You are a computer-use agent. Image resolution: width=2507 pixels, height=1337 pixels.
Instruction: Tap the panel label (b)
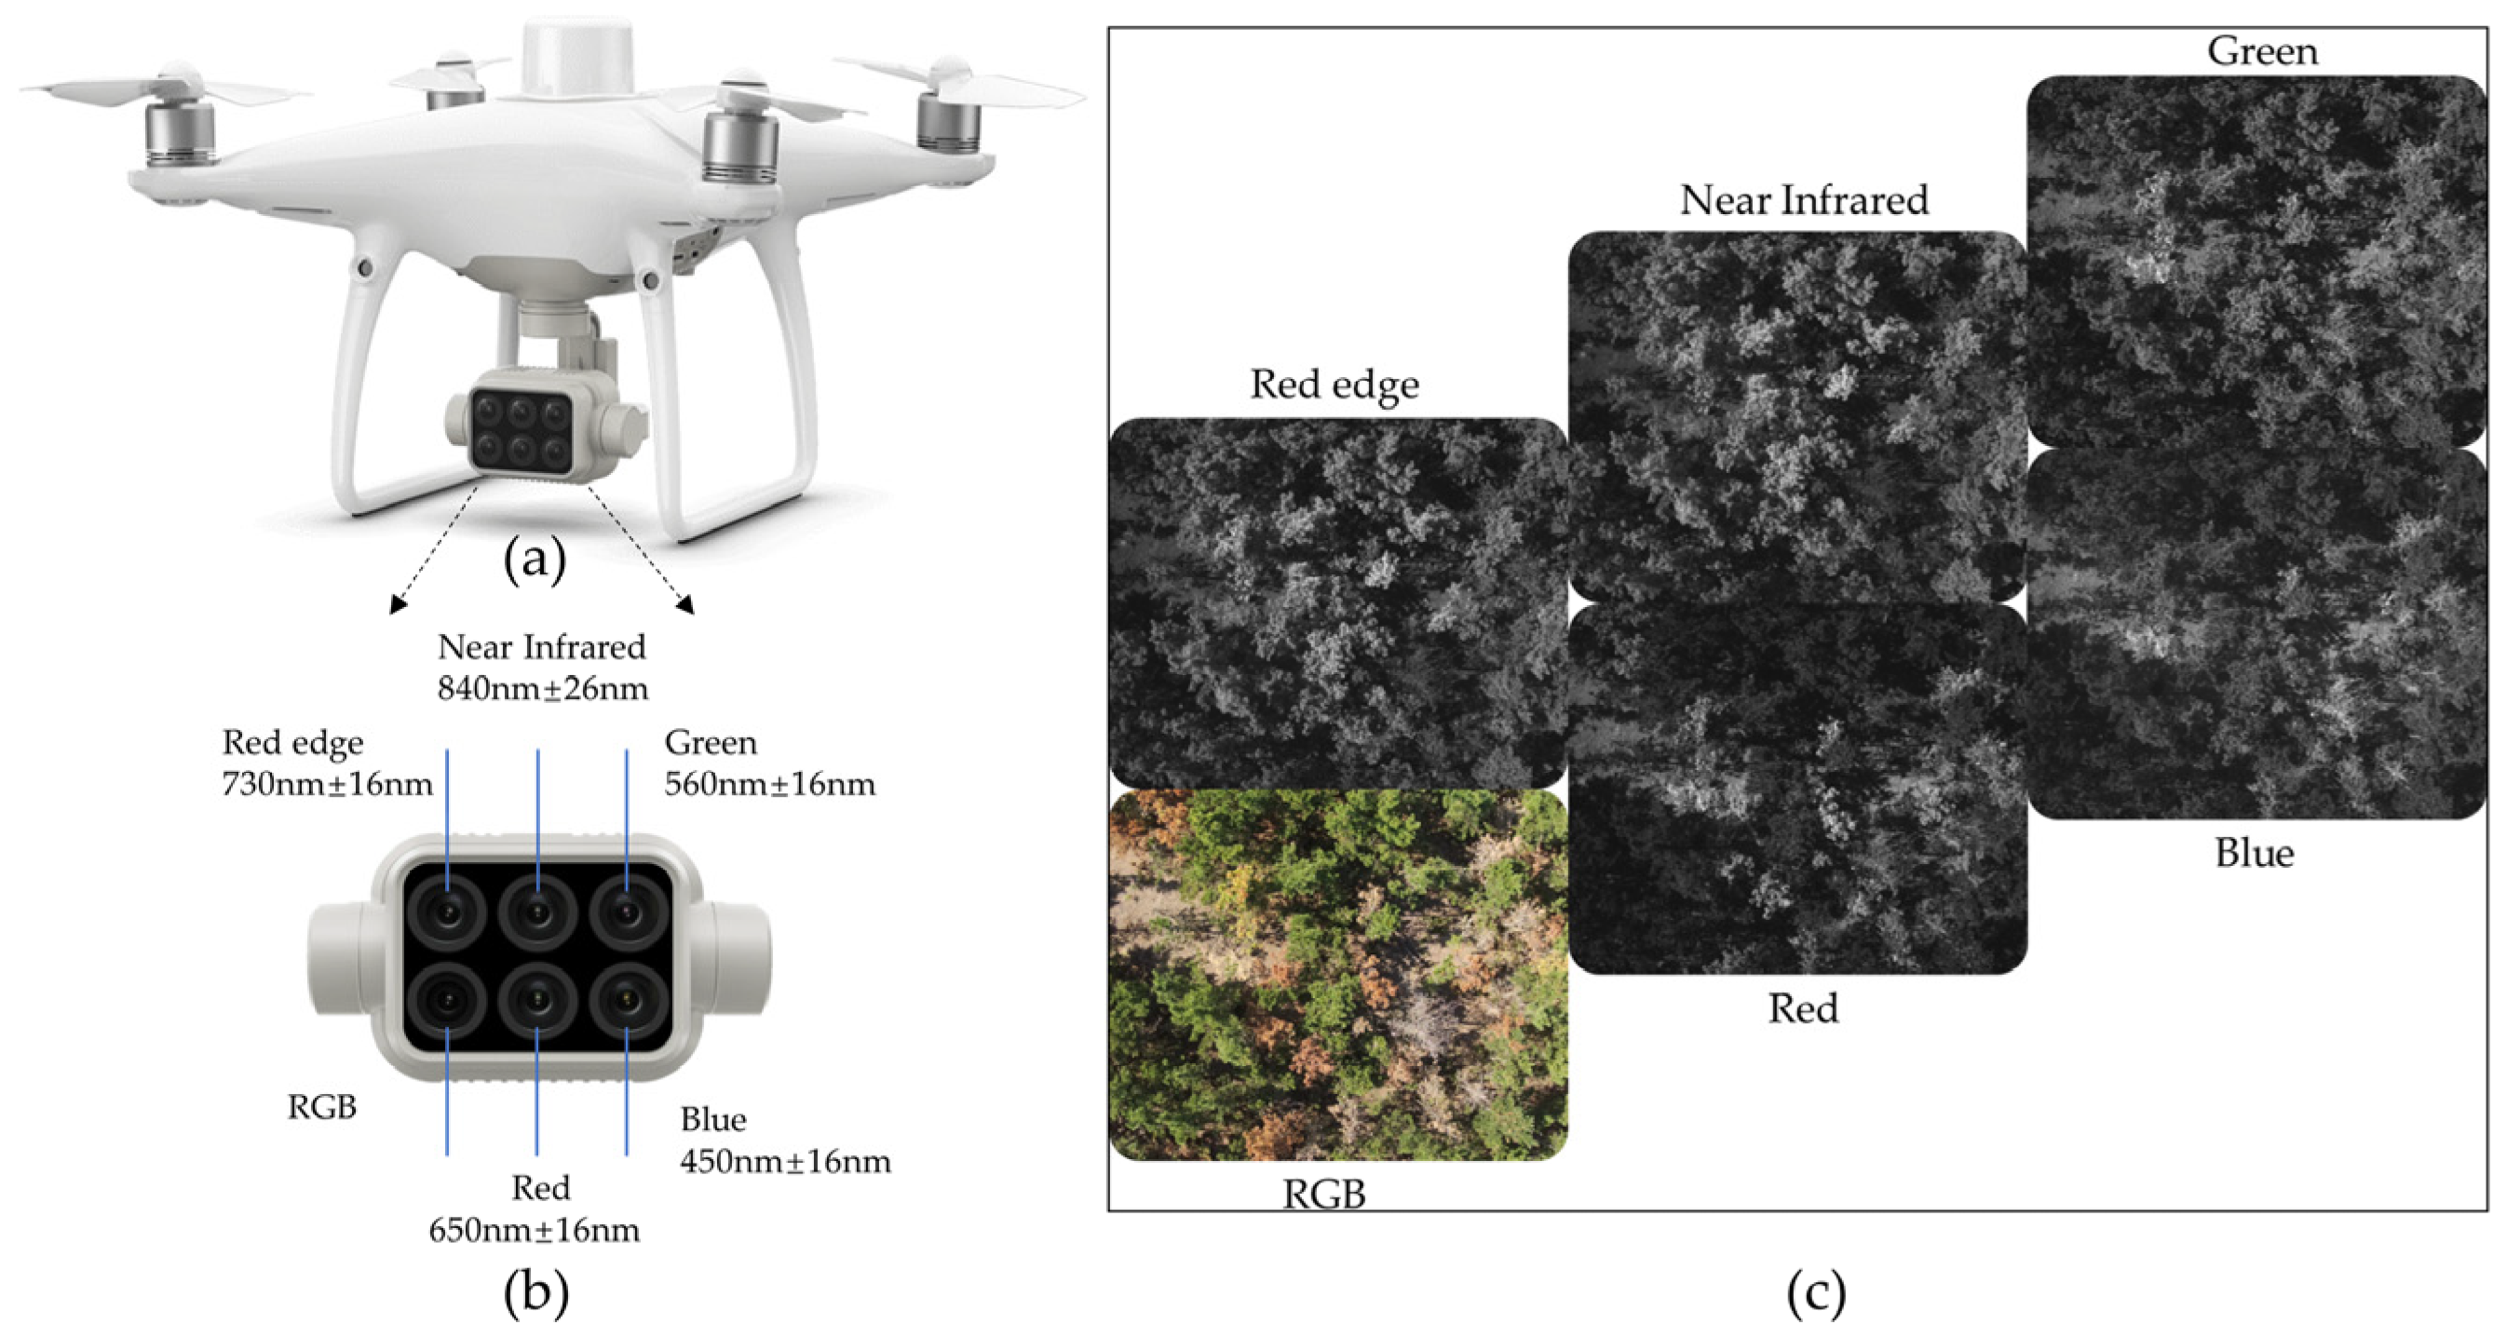(535, 1292)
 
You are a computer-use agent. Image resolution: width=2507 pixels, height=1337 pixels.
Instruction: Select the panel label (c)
(1816, 1292)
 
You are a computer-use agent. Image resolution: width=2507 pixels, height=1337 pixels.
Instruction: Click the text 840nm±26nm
(542, 689)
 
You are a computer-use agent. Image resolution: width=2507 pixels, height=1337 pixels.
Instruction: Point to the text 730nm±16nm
(327, 784)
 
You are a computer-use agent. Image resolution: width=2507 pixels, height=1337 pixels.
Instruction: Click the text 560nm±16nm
(770, 784)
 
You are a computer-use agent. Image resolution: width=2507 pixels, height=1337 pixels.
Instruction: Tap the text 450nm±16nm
(785, 1162)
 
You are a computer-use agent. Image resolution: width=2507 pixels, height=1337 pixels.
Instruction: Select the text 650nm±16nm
(535, 1231)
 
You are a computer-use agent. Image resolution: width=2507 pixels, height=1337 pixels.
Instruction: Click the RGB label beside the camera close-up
(322, 1107)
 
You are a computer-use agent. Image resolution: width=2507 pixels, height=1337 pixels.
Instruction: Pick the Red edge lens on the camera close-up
(448, 912)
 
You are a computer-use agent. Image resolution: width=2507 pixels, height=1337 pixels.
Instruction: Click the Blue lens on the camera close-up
(627, 1000)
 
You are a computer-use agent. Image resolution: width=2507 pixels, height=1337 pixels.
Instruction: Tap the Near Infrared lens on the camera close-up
(537, 912)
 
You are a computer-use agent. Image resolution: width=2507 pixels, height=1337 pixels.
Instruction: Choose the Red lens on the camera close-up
(537, 1000)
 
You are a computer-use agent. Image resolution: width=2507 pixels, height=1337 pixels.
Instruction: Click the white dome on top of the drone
(577, 59)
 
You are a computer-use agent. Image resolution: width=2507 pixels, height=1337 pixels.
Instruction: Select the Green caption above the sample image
(2262, 51)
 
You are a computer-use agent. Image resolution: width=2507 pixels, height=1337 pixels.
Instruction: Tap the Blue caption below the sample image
(2254, 854)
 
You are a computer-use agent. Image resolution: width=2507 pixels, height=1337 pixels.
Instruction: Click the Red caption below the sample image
(1802, 1009)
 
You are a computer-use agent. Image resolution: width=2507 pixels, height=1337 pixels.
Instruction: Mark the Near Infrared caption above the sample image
(1803, 200)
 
